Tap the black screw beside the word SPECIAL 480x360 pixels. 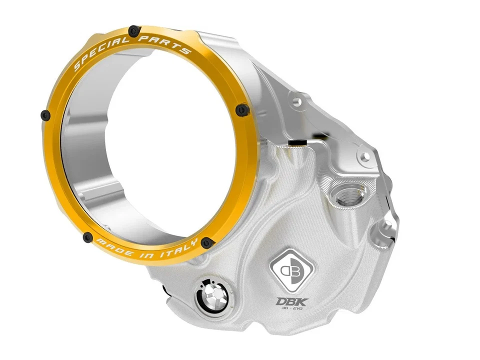(133, 31)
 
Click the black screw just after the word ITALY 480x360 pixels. (206, 243)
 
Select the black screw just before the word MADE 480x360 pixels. (88, 237)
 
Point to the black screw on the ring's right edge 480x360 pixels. (242, 108)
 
